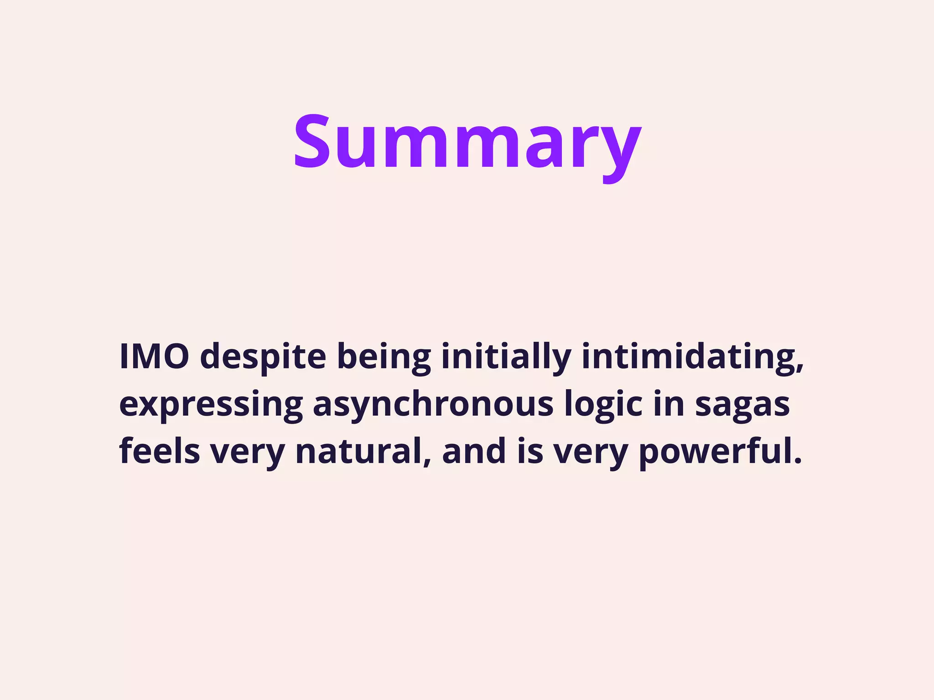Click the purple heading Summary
pos(467,142)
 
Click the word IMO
pos(154,356)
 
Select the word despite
pos(263,357)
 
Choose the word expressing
pos(211,405)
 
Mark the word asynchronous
pos(433,405)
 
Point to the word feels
pos(160,451)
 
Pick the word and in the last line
pos(474,451)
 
